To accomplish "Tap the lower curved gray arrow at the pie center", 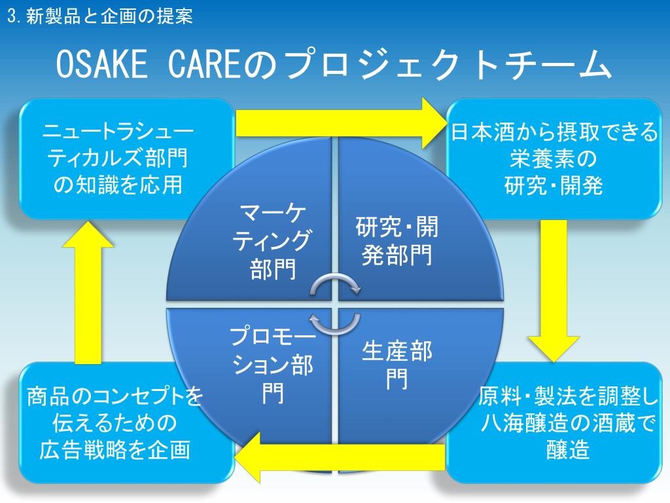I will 334,322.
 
